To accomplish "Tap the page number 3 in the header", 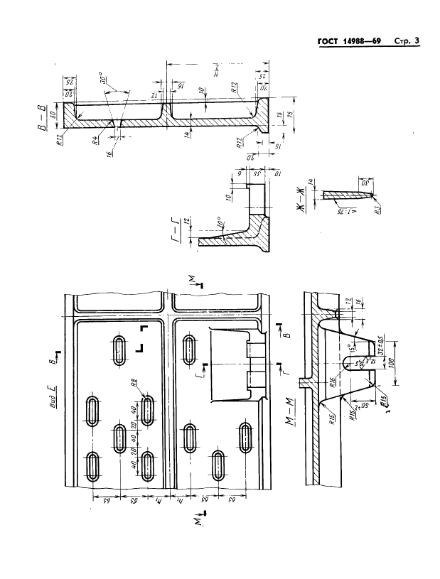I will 416,42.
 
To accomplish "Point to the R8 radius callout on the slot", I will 133,386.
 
